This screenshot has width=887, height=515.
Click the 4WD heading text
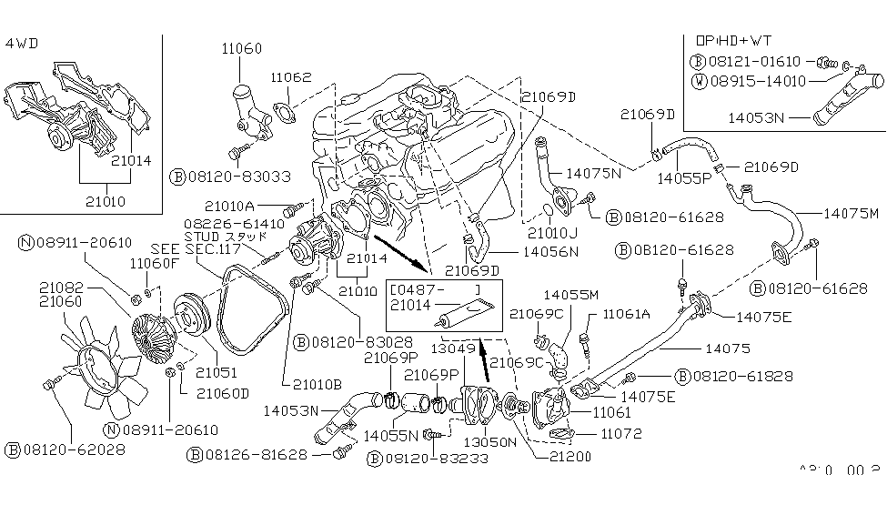pyautogui.click(x=22, y=43)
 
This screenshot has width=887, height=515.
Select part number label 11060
pyautogui.click(x=239, y=47)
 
